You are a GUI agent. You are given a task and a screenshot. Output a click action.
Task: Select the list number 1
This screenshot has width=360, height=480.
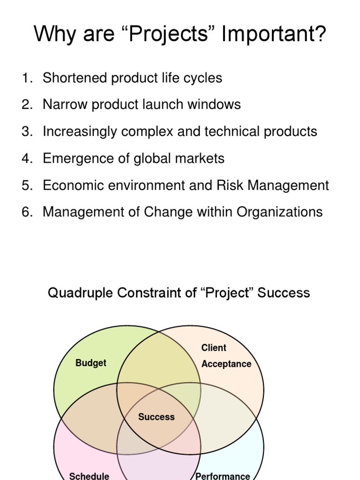[26, 78]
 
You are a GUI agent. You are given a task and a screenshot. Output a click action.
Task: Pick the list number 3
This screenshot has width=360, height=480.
[26, 131]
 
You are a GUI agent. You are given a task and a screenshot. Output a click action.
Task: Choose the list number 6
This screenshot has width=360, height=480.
[26, 212]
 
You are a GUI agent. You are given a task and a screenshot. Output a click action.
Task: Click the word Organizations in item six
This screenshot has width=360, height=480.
[279, 212]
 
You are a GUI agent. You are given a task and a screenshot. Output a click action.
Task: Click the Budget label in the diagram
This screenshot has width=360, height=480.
[91, 363]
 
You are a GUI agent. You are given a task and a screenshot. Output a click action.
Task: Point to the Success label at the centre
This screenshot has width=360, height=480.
[157, 417]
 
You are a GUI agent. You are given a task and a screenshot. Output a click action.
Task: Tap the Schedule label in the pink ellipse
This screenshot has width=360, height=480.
[89, 476]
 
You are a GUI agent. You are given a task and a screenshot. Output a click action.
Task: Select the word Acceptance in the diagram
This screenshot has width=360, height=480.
[226, 364]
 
